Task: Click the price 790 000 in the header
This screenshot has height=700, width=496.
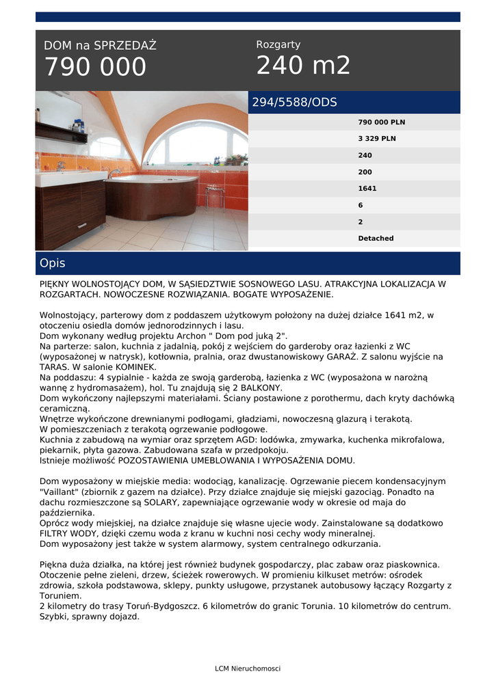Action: [95, 68]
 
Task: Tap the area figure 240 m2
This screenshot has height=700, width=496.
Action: [303, 66]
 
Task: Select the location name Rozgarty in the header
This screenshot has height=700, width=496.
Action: [278, 44]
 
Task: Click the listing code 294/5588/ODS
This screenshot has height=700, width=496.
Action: [295, 103]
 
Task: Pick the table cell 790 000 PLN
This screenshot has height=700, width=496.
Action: [381, 122]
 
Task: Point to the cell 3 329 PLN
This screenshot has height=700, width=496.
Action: [377, 139]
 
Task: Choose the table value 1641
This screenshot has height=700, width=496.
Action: [367, 189]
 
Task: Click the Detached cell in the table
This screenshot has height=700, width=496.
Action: [376, 239]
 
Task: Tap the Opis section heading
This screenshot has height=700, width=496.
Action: [52, 263]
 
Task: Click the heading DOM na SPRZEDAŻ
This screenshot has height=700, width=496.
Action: [100, 46]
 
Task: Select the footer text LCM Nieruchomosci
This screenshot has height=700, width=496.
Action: [248, 669]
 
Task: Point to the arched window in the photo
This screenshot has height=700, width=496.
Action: [195, 144]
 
